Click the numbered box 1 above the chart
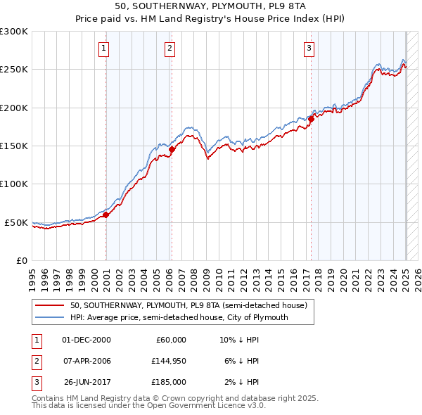(103, 49)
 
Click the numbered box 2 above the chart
(170, 49)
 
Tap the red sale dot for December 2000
(106, 215)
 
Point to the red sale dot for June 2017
(311, 119)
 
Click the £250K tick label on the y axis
(14, 70)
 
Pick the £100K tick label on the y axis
(14, 184)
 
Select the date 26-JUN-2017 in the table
(88, 382)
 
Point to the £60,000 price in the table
(170, 340)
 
